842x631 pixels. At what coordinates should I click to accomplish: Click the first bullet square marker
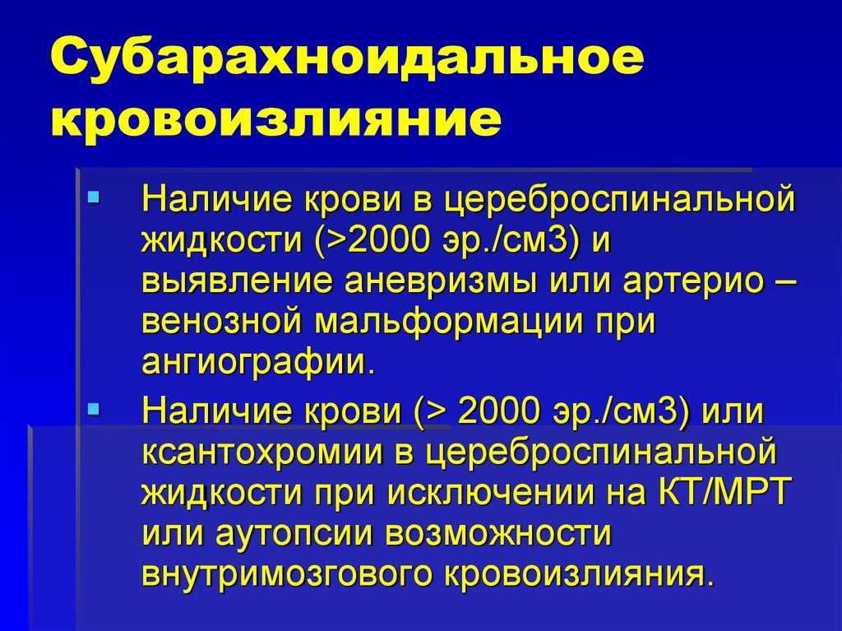(x=94, y=197)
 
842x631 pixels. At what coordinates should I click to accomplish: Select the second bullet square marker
(x=94, y=408)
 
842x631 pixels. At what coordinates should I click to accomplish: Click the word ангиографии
(x=257, y=361)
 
